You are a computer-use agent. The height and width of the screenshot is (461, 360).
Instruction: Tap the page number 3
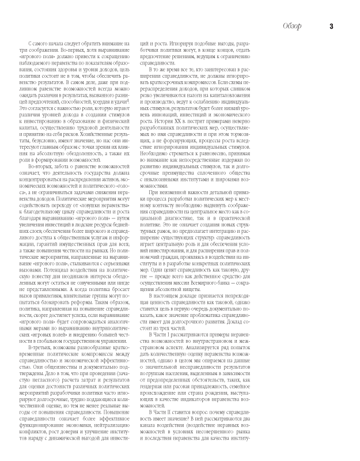click(331, 25)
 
